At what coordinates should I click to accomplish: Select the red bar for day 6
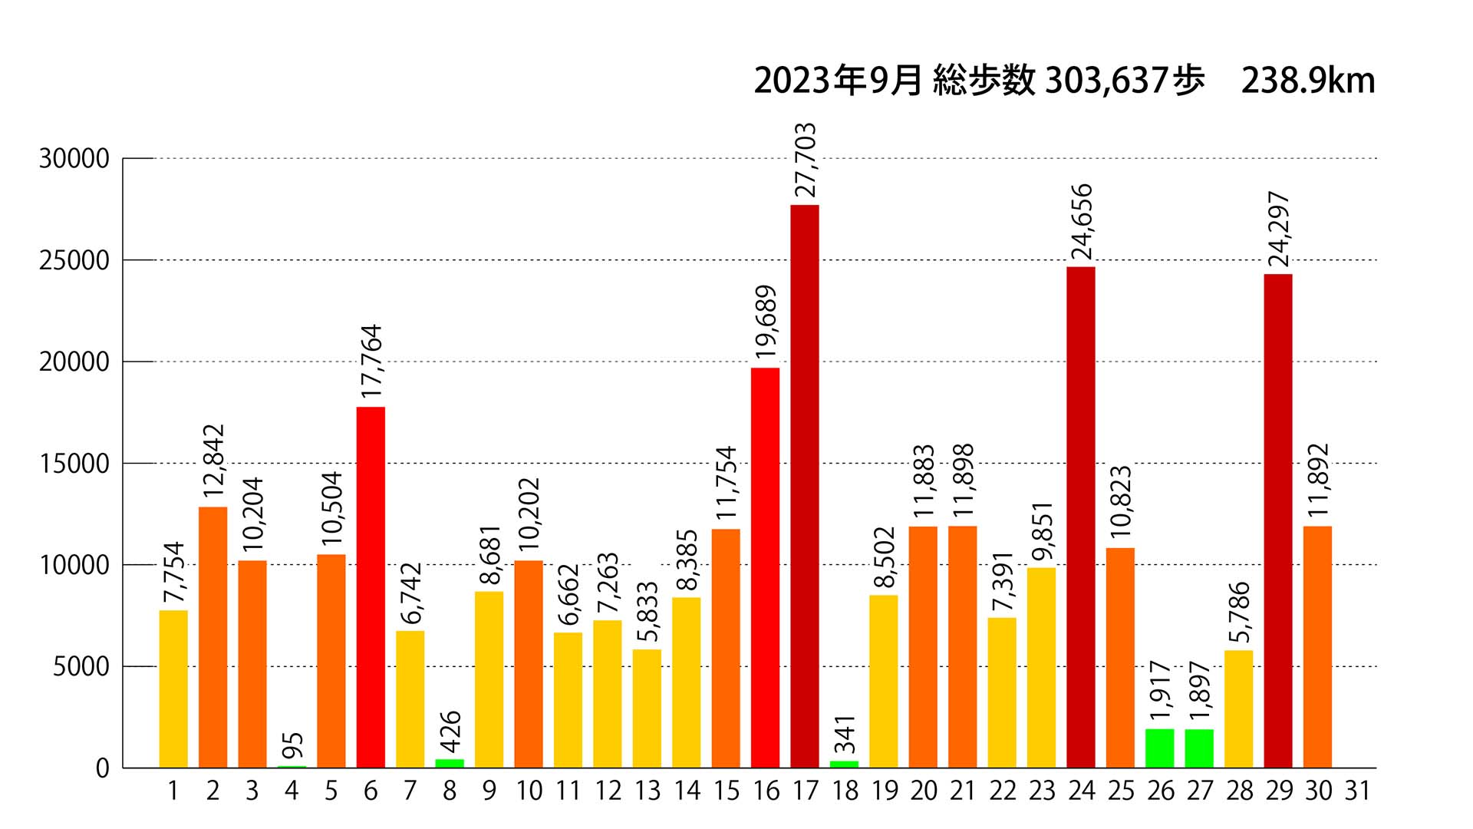(371, 587)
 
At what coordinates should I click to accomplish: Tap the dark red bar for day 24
(1081, 517)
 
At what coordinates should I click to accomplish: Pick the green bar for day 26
(1160, 748)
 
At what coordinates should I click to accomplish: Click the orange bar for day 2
(213, 637)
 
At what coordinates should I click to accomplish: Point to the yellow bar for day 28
(1238, 708)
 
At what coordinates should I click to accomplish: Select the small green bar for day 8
(450, 763)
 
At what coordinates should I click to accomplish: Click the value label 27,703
(805, 160)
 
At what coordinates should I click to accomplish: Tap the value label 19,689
(766, 322)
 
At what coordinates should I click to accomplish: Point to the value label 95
(293, 745)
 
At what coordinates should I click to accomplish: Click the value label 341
(845, 735)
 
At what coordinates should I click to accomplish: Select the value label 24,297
(1279, 229)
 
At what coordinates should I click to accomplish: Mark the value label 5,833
(648, 611)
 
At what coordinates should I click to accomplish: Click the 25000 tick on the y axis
(74, 261)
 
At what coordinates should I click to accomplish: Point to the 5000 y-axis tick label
(81, 667)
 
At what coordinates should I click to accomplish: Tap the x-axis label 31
(1357, 791)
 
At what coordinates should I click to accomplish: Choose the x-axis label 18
(845, 791)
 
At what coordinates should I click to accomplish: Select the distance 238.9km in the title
(1307, 81)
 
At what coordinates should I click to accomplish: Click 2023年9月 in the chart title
(838, 81)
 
